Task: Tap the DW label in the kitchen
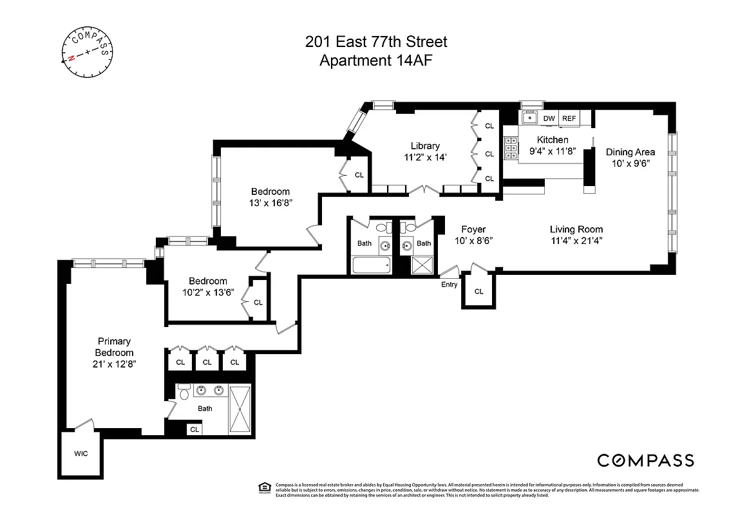[549, 118]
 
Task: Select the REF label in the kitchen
[569, 118]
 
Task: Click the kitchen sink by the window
[529, 118]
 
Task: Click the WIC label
[80, 453]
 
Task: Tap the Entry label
[449, 285]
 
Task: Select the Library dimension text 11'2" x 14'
[425, 157]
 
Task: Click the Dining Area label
[630, 152]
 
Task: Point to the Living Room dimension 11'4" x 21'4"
[576, 241]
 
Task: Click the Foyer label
[473, 229]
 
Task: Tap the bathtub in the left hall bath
[372, 265]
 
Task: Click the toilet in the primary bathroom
[184, 393]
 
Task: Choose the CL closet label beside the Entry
[478, 292]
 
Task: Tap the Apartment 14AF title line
[375, 61]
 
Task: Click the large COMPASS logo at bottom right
[645, 460]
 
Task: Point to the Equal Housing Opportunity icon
[263, 487]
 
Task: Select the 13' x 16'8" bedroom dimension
[270, 203]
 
